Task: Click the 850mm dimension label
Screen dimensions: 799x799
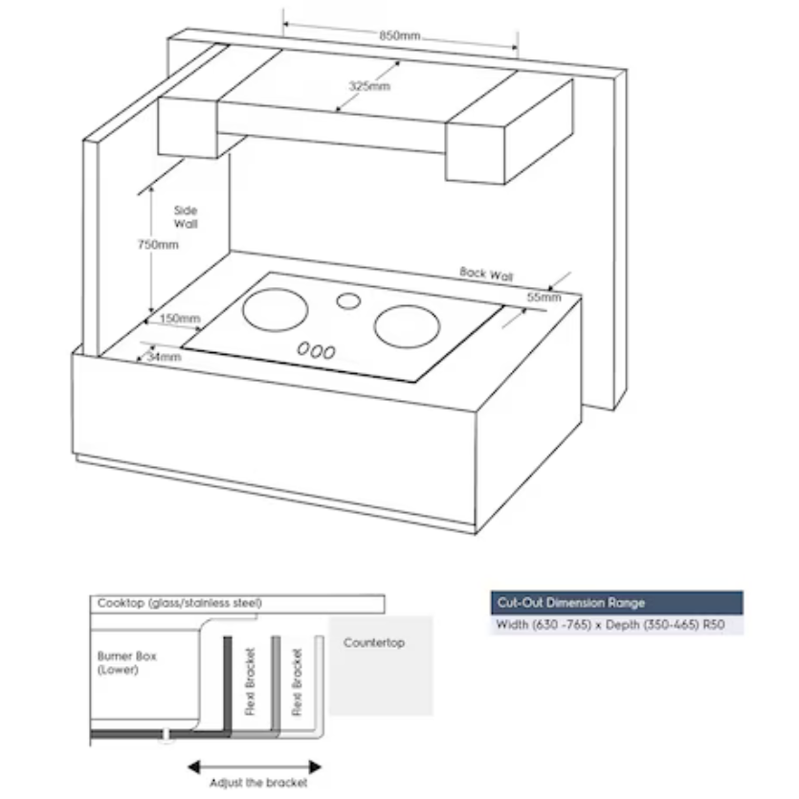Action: tap(399, 35)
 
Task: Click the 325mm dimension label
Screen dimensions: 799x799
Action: tap(368, 86)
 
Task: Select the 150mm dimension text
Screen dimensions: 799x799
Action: tap(180, 318)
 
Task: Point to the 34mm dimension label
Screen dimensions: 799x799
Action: tap(164, 357)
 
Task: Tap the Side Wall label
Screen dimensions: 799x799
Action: tap(186, 216)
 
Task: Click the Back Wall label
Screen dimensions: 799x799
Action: tap(486, 274)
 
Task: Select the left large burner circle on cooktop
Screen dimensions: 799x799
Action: tap(276, 309)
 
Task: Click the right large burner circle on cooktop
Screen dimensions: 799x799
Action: tap(407, 326)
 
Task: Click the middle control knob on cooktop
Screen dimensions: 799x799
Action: tap(317, 351)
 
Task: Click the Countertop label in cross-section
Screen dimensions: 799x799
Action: tap(373, 643)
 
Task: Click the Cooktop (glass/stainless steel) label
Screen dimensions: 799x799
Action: tap(180, 604)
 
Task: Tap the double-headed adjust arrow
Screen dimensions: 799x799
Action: tap(254, 766)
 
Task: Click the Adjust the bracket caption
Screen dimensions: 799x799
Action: tap(259, 784)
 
